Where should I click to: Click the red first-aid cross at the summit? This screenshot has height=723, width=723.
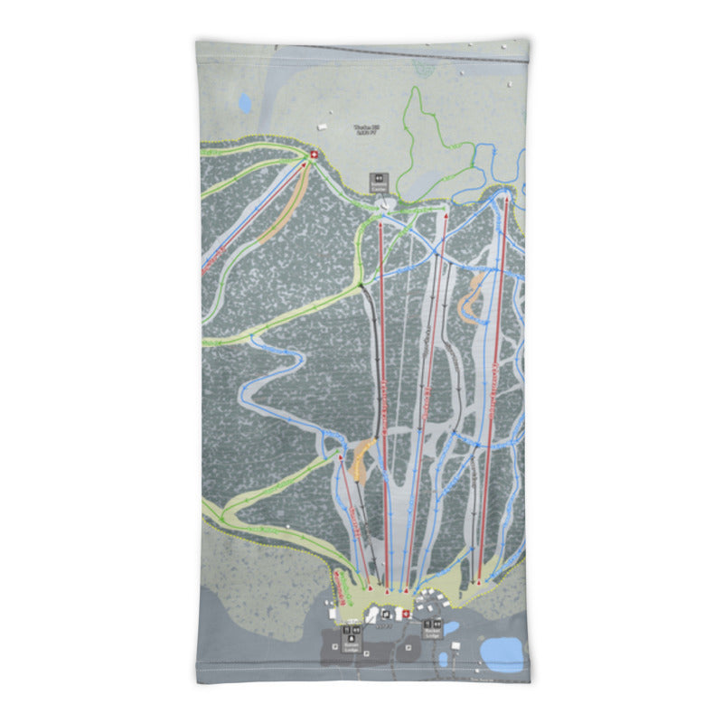(314, 155)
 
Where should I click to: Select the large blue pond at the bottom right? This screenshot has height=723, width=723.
(502, 650)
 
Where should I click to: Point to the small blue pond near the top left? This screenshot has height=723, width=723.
(245, 104)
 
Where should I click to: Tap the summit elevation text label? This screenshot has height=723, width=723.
(367, 130)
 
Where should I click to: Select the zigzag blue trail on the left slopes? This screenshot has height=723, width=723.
(271, 380)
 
